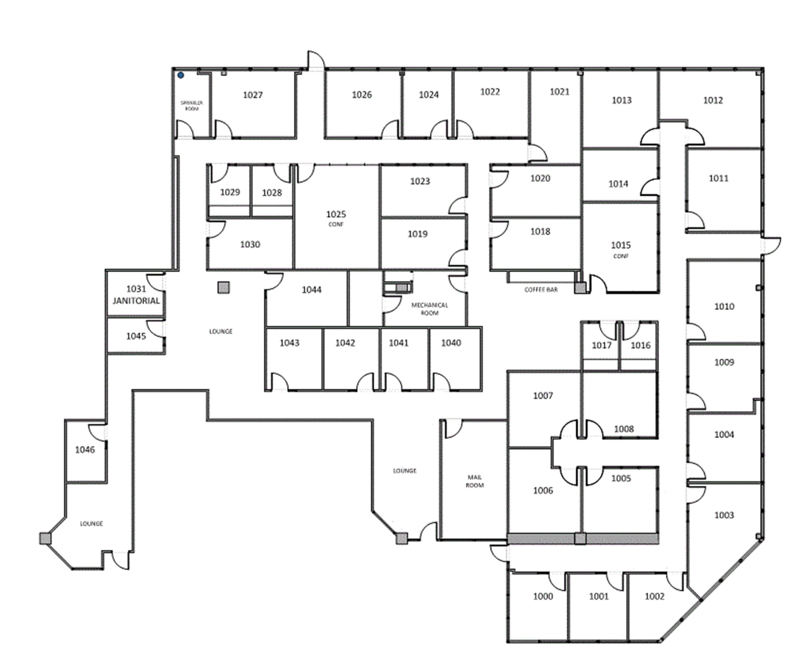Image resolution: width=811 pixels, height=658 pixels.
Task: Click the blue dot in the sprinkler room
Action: point(181,75)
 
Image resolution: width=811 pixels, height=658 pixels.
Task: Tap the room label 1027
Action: point(253,95)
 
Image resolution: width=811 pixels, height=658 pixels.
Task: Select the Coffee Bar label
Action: point(541,290)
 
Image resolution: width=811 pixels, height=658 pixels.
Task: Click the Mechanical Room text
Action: point(429,309)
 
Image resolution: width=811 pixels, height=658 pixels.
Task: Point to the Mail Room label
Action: point(474,481)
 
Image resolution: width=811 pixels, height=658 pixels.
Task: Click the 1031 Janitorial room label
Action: point(136,295)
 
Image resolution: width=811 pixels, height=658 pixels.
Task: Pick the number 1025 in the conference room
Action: point(336,214)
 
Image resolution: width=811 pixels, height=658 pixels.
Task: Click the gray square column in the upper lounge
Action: point(223,287)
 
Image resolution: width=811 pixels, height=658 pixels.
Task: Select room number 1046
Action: point(85,449)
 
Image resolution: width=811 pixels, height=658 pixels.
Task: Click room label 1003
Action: point(724,515)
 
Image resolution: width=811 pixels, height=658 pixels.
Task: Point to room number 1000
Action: point(543,596)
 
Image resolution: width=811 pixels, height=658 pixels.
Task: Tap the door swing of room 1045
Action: point(155,329)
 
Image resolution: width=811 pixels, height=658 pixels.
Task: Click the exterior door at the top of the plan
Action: point(316,60)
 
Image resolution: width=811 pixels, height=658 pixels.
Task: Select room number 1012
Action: point(713,101)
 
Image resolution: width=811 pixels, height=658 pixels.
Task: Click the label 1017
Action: point(601,346)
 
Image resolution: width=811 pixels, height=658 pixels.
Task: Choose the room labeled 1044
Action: point(311,290)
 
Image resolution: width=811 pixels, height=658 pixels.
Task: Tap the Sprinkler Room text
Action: point(192,106)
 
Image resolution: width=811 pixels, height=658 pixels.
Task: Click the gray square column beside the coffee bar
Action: point(580,287)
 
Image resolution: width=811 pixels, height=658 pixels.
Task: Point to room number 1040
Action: point(451,343)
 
